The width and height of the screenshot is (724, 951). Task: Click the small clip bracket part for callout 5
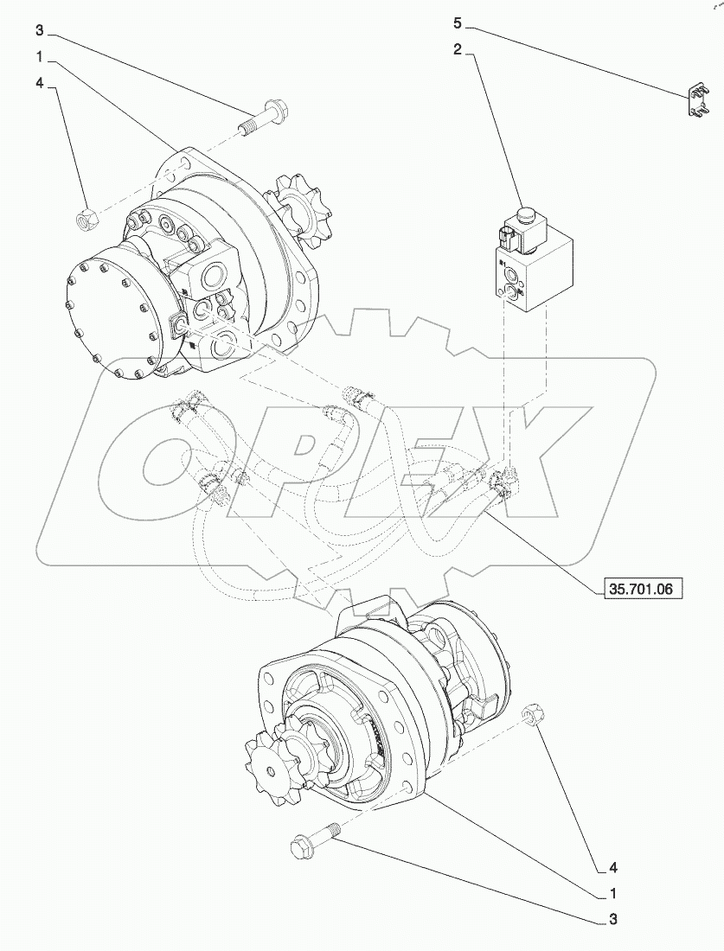pyautogui.click(x=694, y=99)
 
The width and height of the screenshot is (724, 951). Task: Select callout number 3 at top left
pyautogui.click(x=39, y=31)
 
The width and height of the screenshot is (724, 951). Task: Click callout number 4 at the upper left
pyautogui.click(x=39, y=84)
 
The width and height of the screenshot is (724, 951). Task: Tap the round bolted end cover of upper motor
pyautogui.click(x=113, y=316)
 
